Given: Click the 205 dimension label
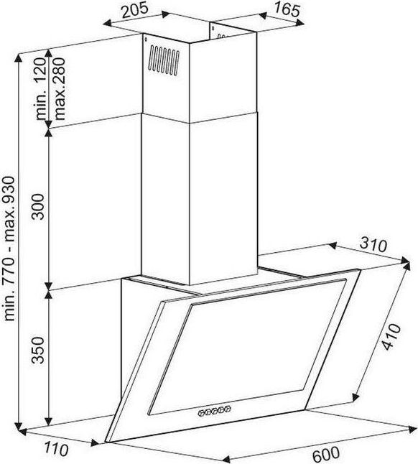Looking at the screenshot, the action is click(x=135, y=11).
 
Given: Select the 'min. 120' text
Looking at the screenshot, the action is click(x=41, y=89).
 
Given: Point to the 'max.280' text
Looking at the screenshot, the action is click(x=59, y=88).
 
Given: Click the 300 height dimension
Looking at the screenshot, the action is click(x=38, y=207).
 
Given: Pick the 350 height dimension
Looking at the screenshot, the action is click(x=38, y=350).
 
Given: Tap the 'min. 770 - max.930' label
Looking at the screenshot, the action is click(x=9, y=249).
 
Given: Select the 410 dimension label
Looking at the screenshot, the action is click(x=391, y=337).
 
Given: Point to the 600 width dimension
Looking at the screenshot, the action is click(x=325, y=454).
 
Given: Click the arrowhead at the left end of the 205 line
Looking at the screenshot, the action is click(x=108, y=24).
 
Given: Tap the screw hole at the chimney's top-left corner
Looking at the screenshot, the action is click(x=146, y=39).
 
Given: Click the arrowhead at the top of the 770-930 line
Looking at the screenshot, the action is click(x=19, y=59).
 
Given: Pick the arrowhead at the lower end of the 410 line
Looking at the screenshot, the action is click(x=356, y=397).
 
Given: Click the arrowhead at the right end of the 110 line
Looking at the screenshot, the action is click(x=96, y=443).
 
